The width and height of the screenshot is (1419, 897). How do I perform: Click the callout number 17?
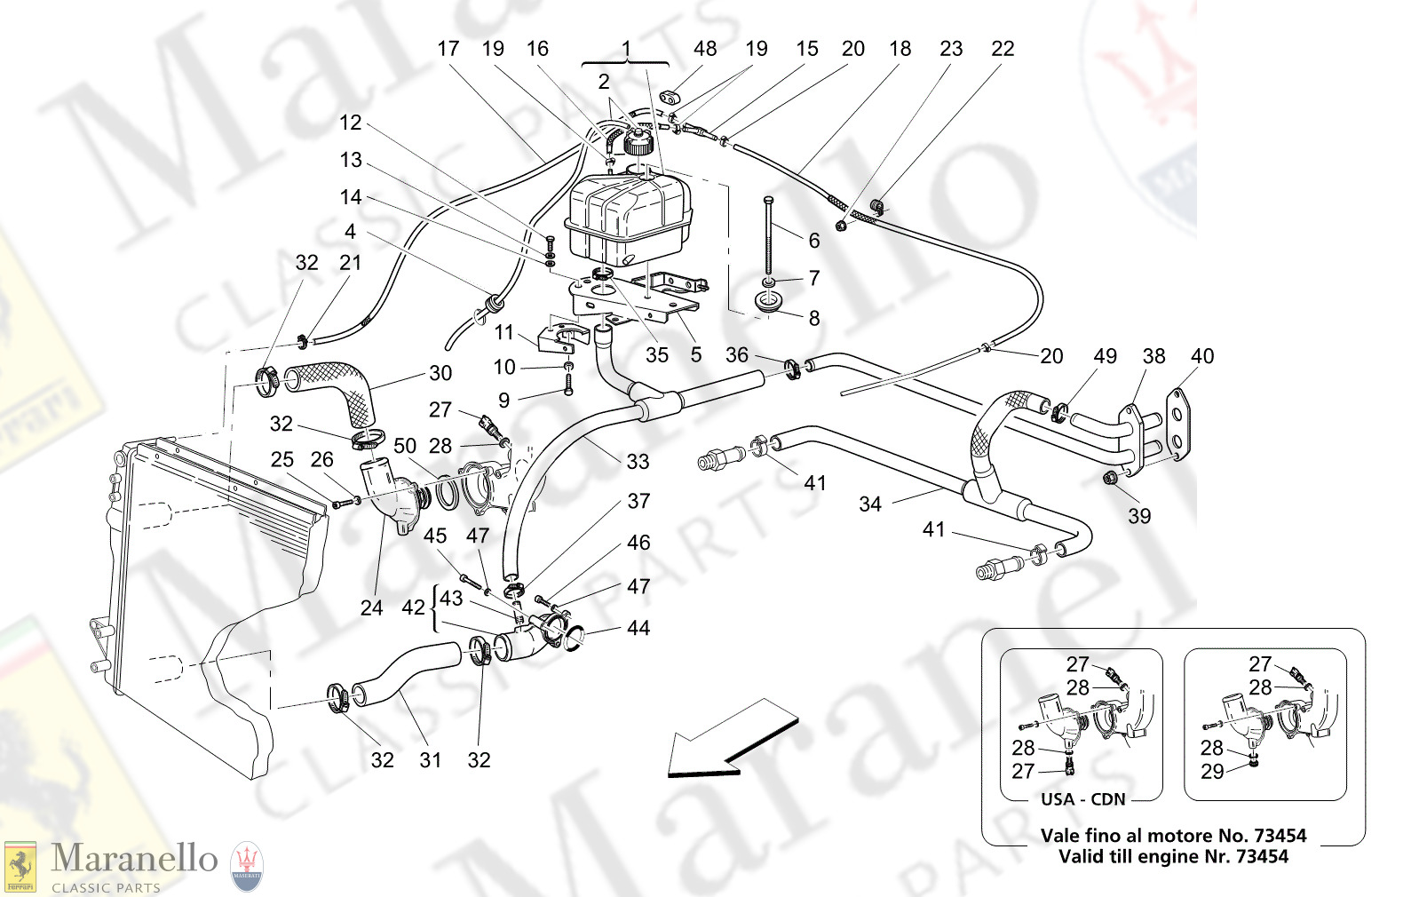coord(448,49)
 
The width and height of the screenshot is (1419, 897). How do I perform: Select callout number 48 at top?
coord(705,49)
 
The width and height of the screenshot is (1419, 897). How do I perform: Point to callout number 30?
coord(440,373)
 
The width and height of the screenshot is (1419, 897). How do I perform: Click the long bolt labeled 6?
coord(768,235)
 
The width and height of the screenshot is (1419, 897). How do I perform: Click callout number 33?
coord(638,462)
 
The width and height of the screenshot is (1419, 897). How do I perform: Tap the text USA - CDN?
coord(1082,799)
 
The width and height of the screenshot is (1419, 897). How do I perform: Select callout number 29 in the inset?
coord(1212,772)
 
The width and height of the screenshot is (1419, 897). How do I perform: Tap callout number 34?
coord(870,504)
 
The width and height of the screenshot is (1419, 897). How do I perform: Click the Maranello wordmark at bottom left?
coord(134,859)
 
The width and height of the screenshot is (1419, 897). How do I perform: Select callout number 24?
coord(371,607)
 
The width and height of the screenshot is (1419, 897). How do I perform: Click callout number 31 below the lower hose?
coord(431,760)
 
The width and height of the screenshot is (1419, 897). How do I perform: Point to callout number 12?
coord(351,123)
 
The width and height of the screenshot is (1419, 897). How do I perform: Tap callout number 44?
coord(638,628)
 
